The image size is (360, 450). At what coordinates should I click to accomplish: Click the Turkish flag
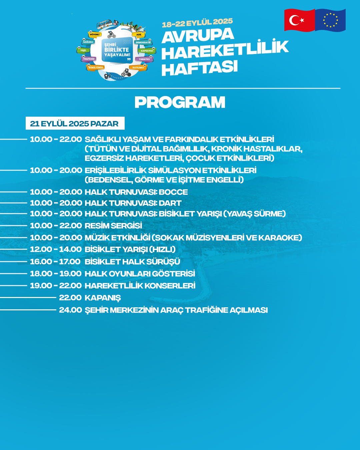299,20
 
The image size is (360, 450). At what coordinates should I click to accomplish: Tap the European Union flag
330,20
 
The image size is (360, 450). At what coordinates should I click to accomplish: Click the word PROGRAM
180,102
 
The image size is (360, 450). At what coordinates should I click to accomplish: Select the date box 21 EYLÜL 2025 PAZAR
75,123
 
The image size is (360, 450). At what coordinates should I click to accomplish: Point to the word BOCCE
173,192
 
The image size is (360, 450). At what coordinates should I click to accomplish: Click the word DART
170,203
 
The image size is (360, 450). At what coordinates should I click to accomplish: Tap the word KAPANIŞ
103,298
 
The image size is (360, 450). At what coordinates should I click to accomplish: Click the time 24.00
70,310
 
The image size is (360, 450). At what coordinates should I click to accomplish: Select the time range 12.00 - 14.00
56,249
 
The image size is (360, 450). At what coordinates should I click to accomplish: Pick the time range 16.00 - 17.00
55,262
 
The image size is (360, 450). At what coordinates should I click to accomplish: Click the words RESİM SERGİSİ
113,226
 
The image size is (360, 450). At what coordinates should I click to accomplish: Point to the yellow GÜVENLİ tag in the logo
95,35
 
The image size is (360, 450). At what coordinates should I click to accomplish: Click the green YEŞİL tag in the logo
83,50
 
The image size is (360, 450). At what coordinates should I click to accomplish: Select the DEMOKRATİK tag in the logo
143,43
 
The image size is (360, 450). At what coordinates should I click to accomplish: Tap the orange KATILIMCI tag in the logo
138,68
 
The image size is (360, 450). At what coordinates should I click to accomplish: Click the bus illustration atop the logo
104,24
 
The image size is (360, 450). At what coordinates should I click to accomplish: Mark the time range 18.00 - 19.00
56,274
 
